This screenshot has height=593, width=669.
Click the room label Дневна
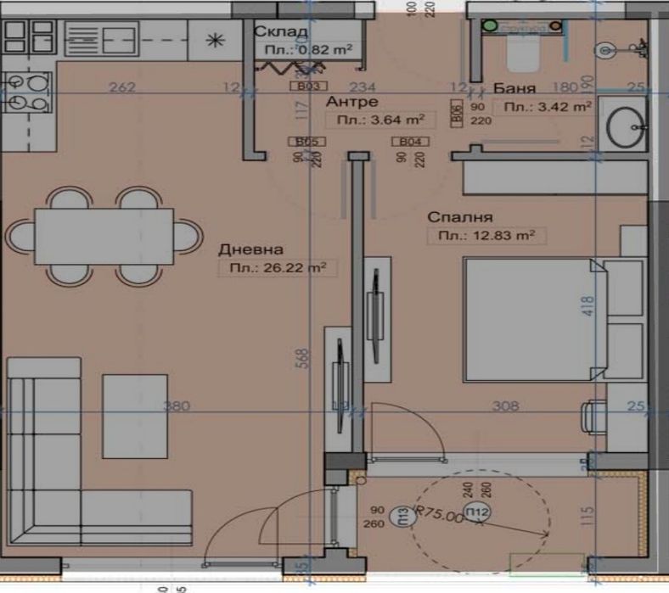250,249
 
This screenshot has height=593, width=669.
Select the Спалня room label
461,217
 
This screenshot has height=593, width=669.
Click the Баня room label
514,88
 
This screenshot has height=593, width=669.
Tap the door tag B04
411,143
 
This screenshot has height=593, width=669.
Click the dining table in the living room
104,236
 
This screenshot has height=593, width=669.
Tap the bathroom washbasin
627,126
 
